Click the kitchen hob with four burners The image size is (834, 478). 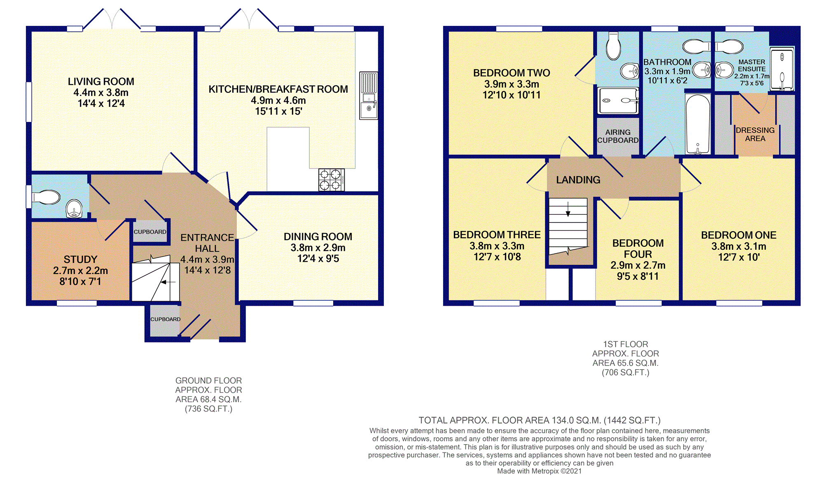[331, 180]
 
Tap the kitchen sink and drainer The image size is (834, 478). [368, 96]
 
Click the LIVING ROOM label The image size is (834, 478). [101, 82]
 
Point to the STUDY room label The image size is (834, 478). [80, 260]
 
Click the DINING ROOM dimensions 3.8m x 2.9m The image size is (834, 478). [318, 248]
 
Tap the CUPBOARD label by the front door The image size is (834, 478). [165, 319]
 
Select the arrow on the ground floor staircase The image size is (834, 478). [168, 282]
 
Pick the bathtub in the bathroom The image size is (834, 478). [698, 124]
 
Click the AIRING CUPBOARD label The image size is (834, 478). [618, 136]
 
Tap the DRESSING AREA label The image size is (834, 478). [755, 134]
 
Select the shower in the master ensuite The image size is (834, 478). [781, 69]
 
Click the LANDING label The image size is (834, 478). [578, 180]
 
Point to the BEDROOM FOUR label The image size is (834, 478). [638, 248]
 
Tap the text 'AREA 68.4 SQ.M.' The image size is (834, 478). [208, 399]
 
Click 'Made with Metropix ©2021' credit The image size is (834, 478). [539, 471]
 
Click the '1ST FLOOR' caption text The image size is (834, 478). [625, 344]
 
